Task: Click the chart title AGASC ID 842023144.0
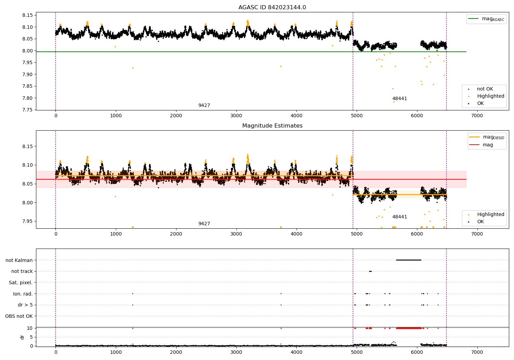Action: (272, 8)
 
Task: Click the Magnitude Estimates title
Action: (272, 126)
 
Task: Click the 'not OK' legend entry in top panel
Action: (485, 89)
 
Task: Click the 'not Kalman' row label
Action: (19, 260)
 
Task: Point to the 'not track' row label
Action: (22, 271)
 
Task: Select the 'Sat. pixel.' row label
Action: (21, 283)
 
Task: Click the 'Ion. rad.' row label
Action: (23, 294)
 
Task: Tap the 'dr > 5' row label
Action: (25, 305)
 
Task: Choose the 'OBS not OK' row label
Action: (19, 316)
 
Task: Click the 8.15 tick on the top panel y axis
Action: (27, 15)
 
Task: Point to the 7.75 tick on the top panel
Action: (27, 110)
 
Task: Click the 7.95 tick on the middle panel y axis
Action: (27, 221)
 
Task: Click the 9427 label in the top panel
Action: (204, 106)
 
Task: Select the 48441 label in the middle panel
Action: (400, 217)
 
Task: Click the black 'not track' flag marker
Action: (370, 271)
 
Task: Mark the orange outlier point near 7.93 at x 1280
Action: (133, 68)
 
